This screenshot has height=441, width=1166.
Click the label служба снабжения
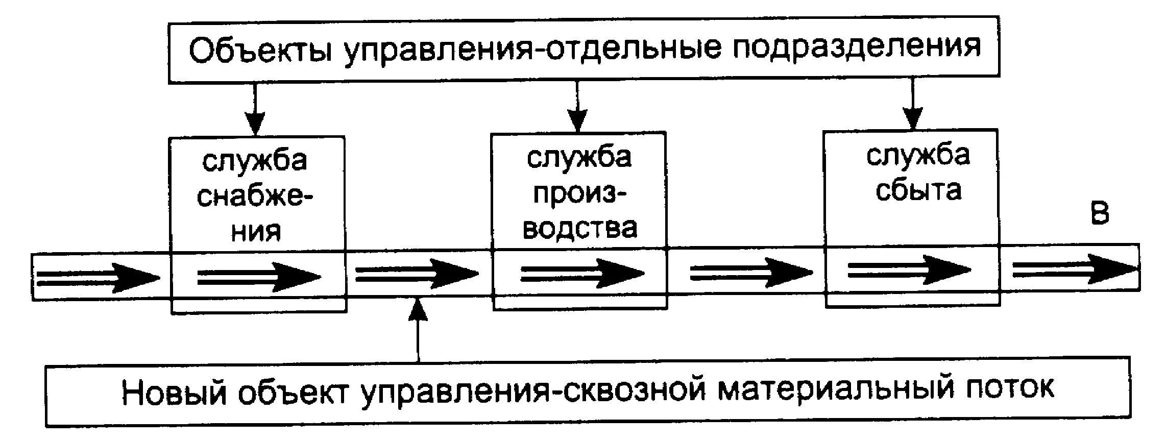[x=256, y=196]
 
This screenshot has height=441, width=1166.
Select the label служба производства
[x=579, y=192]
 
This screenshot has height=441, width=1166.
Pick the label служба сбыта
[x=918, y=173]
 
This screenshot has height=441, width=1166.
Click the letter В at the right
[x=1100, y=213]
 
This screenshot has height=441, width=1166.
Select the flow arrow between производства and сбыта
[x=750, y=272]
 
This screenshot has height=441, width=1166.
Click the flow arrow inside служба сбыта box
[x=908, y=271]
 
